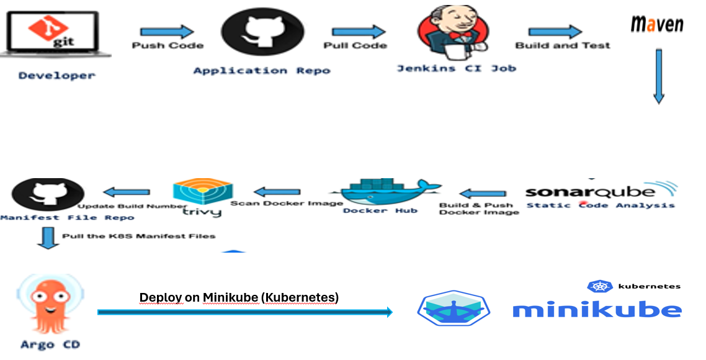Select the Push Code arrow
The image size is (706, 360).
167,32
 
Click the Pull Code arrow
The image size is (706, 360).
358,32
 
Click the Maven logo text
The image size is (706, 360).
657,25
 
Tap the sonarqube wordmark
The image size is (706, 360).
589,191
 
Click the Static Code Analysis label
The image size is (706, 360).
600,205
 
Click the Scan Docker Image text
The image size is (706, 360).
287,204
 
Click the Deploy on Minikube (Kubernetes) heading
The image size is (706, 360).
239,298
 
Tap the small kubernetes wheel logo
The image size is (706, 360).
598,286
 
